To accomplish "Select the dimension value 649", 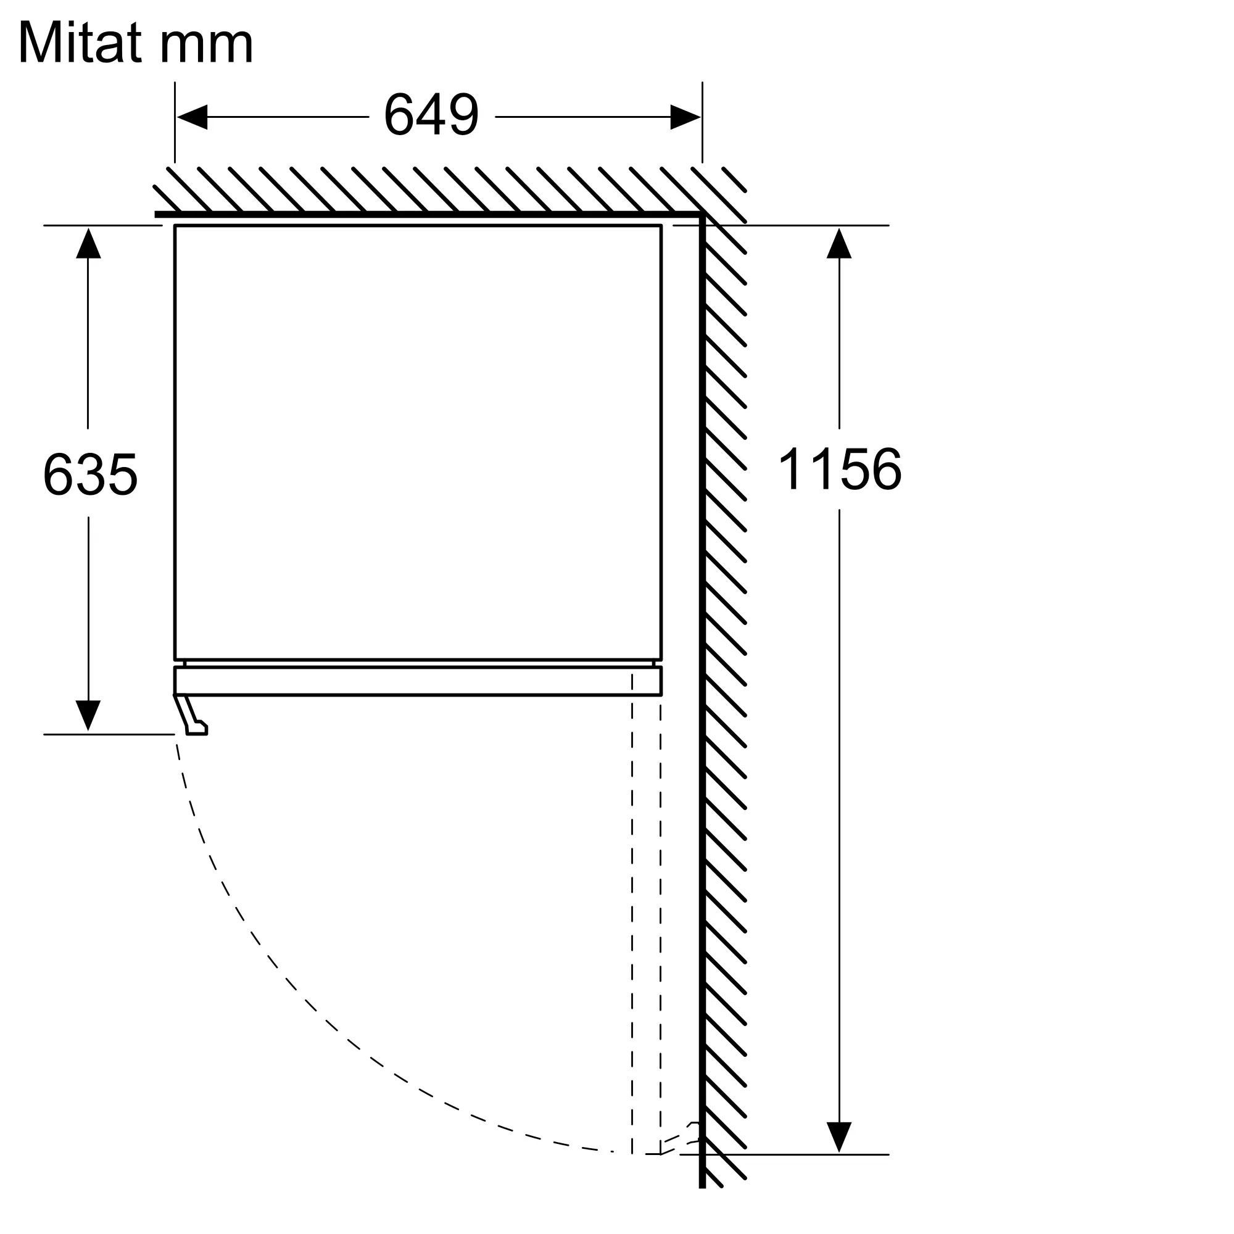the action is tap(431, 115).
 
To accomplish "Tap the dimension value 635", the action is tap(90, 474).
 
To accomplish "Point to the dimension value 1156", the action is tap(839, 469).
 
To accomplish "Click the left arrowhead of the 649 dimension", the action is tap(193, 117).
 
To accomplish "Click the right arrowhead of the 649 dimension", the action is tap(685, 117).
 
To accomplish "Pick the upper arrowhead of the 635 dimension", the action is tap(88, 243).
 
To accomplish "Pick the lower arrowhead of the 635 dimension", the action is tap(88, 716).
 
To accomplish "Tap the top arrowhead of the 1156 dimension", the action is tap(839, 243).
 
